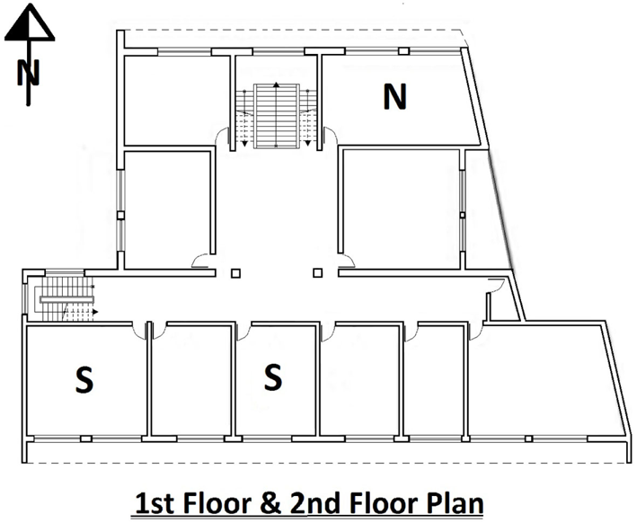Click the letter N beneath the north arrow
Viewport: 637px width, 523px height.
(x=28, y=72)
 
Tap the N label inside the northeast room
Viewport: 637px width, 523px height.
(x=394, y=97)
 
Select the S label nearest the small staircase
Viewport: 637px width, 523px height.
(x=84, y=382)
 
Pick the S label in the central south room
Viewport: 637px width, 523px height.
(x=273, y=377)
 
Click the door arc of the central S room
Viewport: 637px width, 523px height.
(x=244, y=332)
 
